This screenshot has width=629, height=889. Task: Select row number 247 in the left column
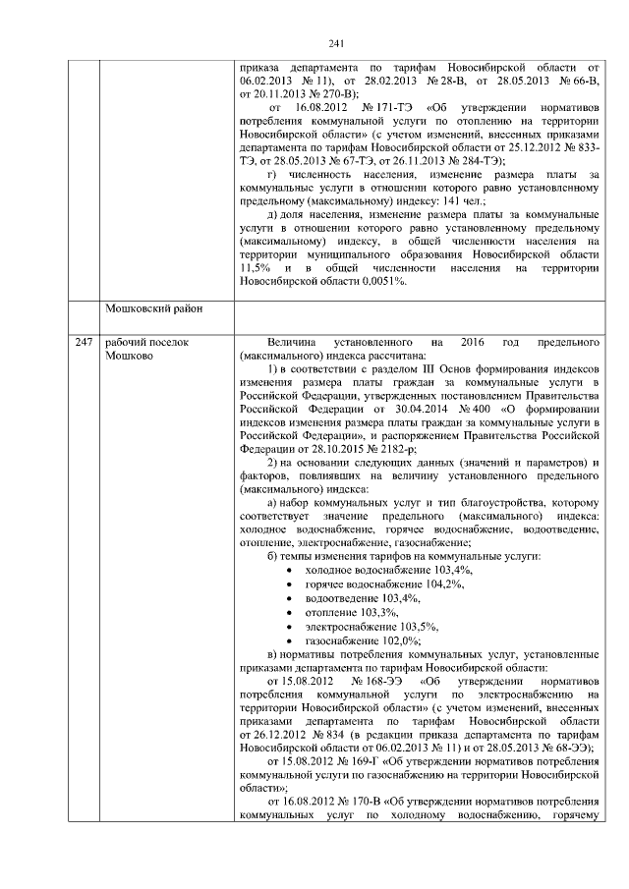click(85, 342)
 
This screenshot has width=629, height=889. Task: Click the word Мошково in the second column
click(130, 356)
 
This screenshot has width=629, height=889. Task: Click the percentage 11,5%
click(253, 267)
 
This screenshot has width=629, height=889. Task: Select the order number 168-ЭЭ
click(375, 680)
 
